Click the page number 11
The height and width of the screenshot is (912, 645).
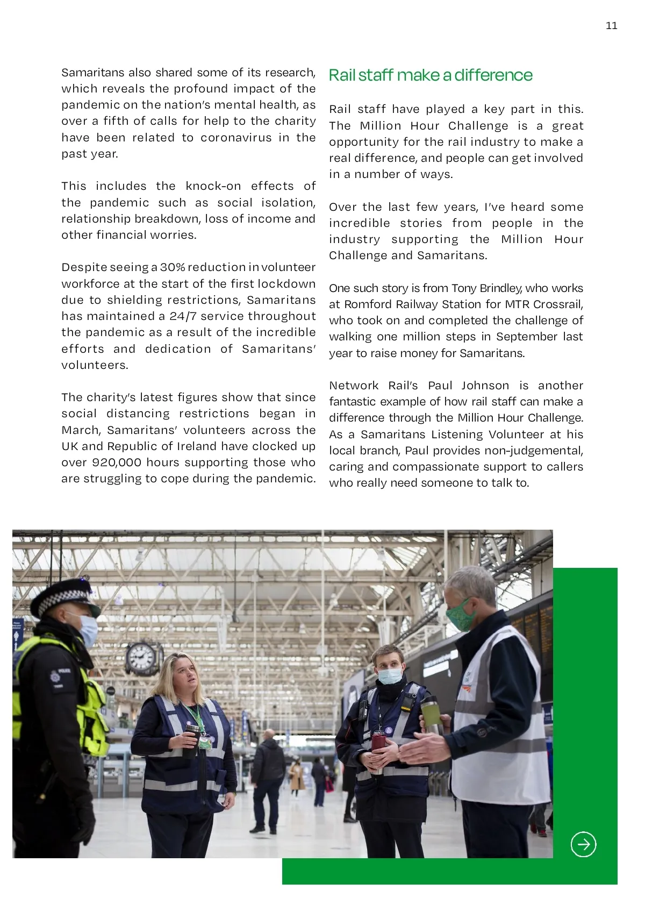[611, 26]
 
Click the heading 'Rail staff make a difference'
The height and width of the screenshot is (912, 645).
[431, 75]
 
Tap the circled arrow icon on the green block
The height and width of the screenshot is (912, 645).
[583, 844]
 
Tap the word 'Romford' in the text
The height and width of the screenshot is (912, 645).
[364, 304]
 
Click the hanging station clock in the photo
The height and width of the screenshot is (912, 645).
[142, 658]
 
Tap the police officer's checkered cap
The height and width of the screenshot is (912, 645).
[64, 597]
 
